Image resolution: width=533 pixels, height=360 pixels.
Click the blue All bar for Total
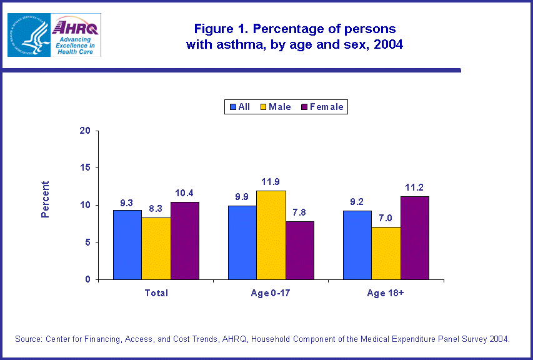click(x=127, y=244)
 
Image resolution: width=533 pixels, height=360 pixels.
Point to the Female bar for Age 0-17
click(x=300, y=250)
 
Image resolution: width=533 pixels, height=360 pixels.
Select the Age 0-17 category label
click(x=271, y=292)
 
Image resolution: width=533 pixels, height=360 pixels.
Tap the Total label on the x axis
click(x=156, y=292)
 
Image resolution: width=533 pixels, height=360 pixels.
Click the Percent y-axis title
click(x=45, y=199)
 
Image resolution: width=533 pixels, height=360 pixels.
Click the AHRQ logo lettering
click(x=76, y=27)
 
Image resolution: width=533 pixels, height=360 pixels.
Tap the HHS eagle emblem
click(x=29, y=35)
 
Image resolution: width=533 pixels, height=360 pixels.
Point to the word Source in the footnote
click(x=28, y=339)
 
